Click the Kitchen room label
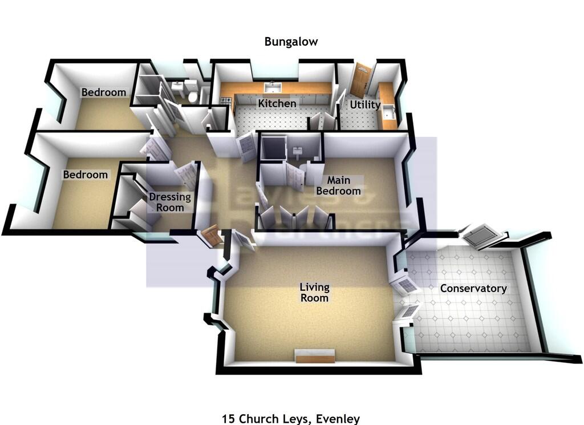coord(277,104)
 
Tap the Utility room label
coord(365,105)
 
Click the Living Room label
coord(314,293)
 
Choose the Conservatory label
coord(473,289)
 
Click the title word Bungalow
coord(291,42)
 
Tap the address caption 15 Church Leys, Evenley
coord(291,419)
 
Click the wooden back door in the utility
coord(360,80)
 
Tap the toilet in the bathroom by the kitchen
coord(192,95)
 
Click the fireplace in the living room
coord(314,357)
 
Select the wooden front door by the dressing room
coord(210,236)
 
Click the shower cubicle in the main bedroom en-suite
coord(273,149)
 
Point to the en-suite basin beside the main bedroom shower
coord(297,152)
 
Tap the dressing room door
coord(186,176)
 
